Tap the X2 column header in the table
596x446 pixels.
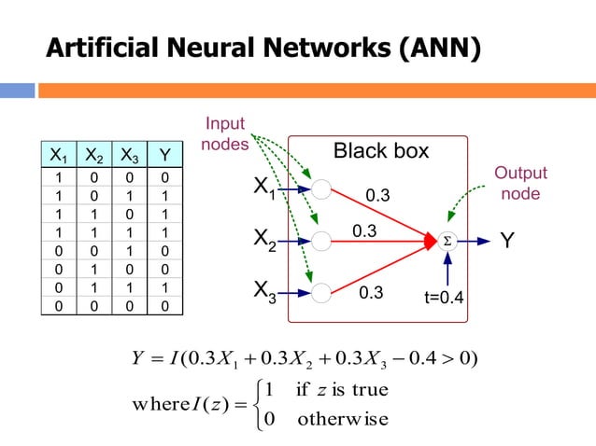[94, 156]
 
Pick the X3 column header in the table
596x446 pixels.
[130, 156]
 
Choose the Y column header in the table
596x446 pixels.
[165, 156]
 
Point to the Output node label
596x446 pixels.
[521, 184]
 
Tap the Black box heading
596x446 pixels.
[381, 151]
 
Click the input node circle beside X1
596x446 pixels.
[321, 189]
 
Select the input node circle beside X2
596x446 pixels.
[321, 241]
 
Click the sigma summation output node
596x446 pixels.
[447, 241]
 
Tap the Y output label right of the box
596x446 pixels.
[506, 241]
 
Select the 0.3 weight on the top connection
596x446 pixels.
[377, 196]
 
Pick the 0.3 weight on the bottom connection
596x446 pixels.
[372, 293]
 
